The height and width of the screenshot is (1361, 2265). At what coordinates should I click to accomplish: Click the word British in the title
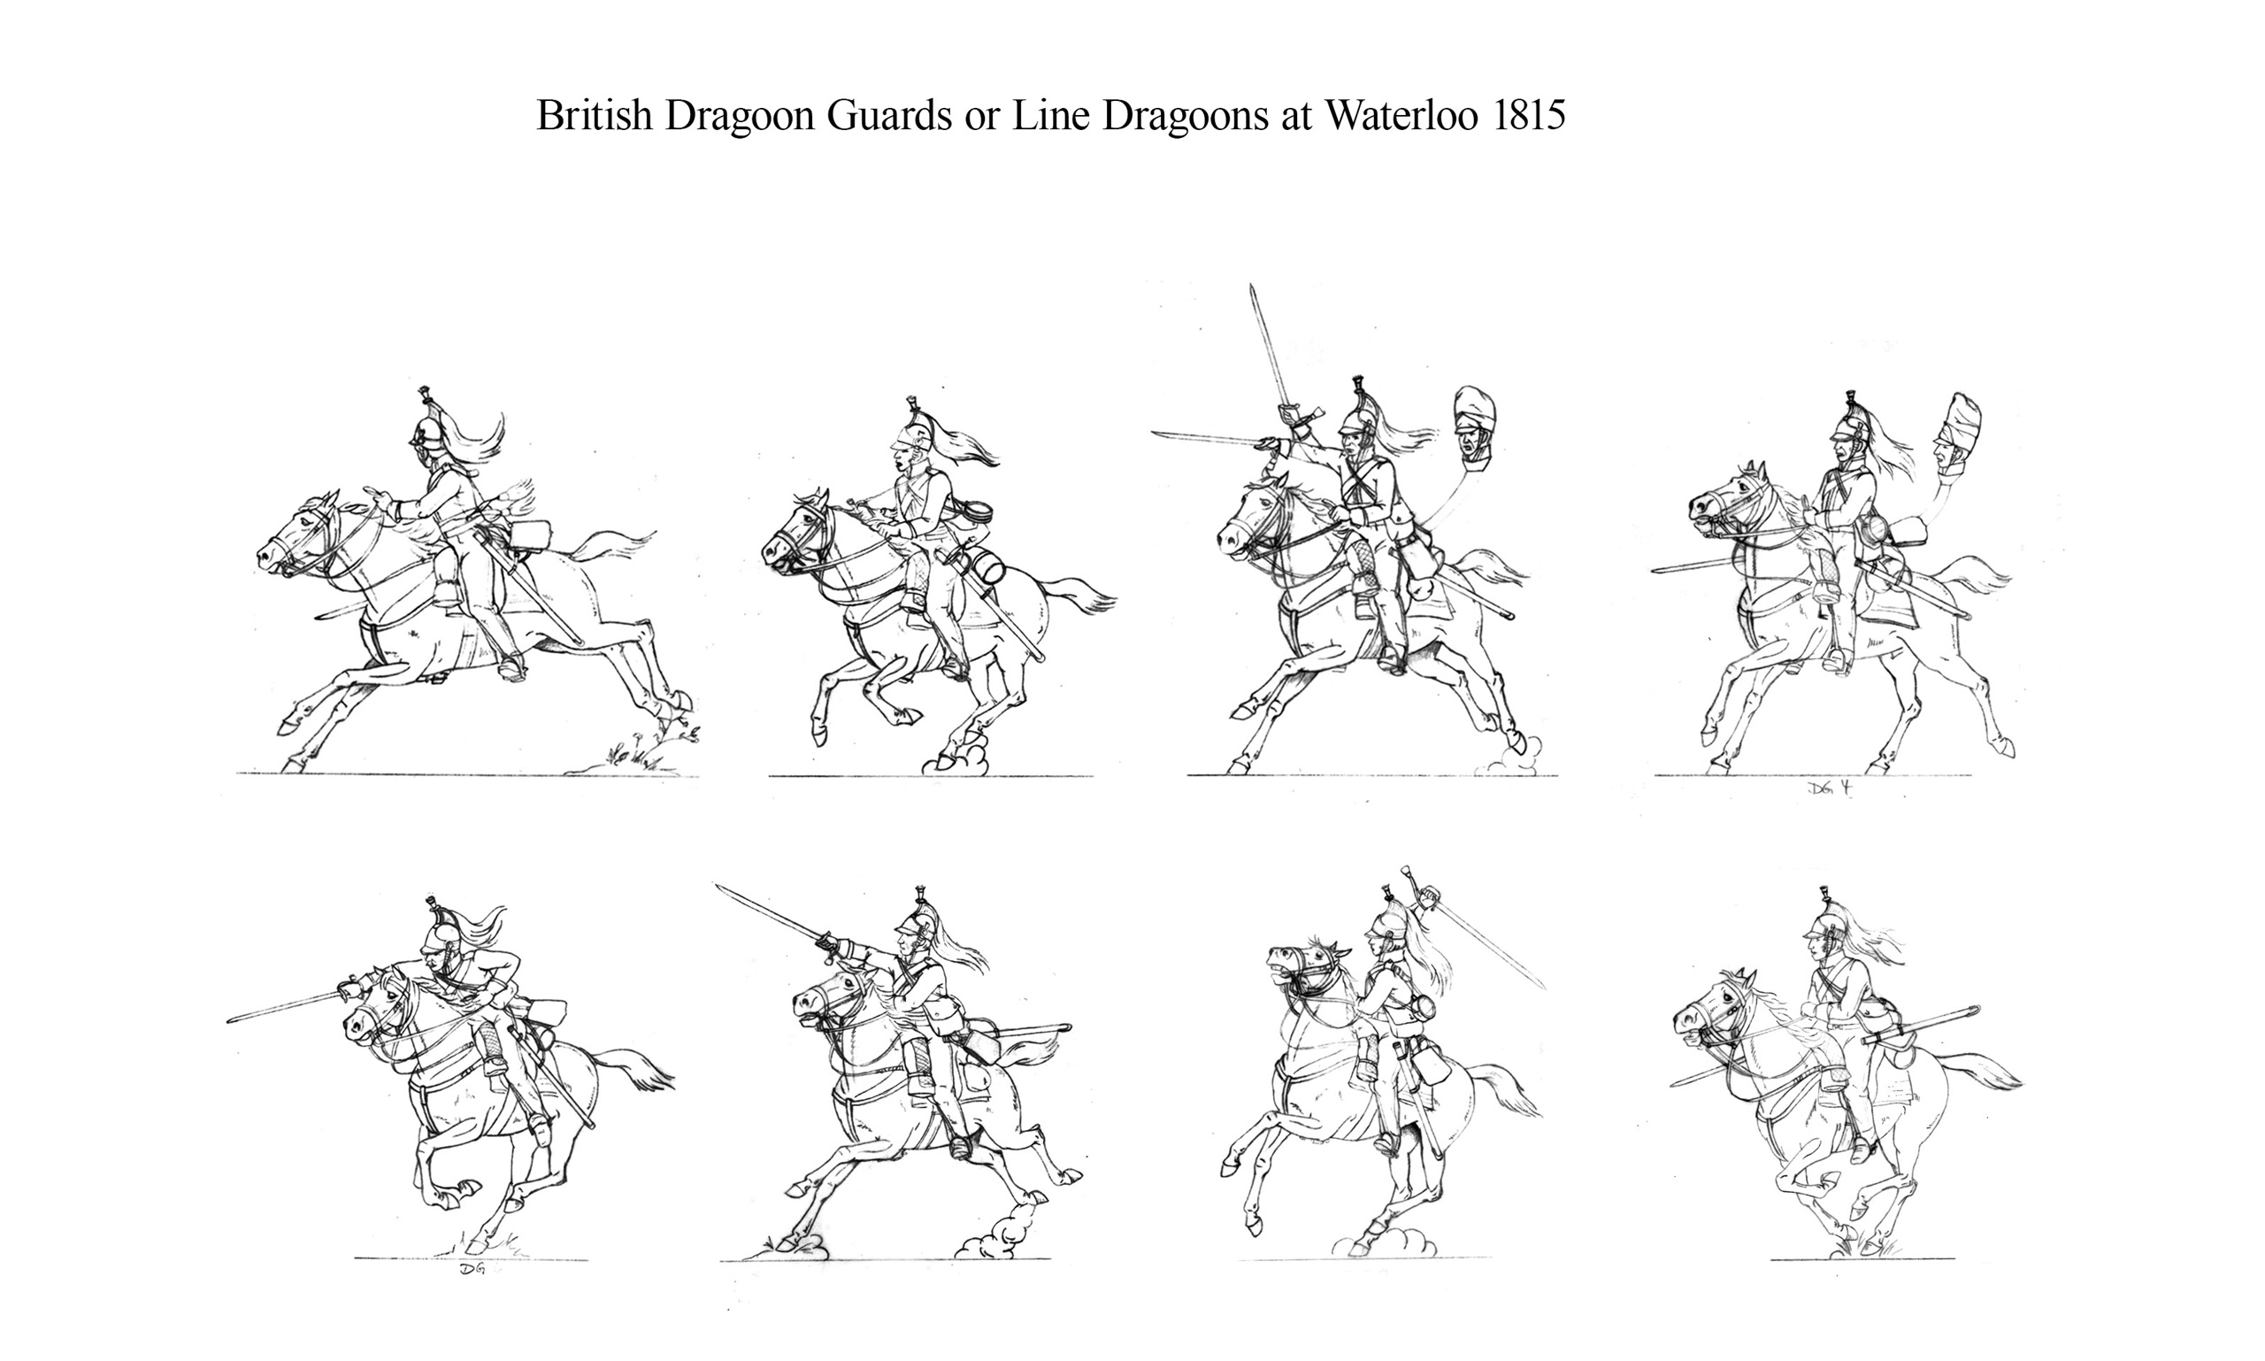pyautogui.click(x=595, y=116)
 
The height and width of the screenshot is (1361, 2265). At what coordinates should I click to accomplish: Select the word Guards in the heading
pyautogui.click(x=888, y=116)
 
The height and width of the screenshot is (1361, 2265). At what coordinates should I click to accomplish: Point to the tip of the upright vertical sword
pyautogui.click(x=1252, y=286)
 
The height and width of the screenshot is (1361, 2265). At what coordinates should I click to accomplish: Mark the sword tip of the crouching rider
pyautogui.click(x=229, y=1019)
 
